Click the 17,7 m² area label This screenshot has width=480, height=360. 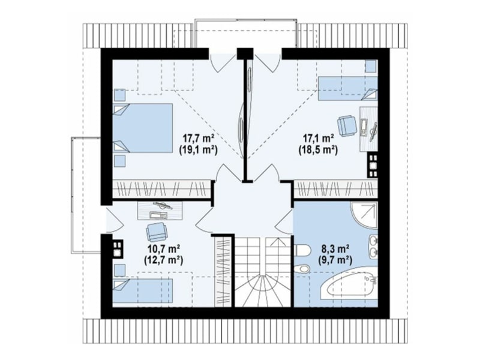[x=199, y=139]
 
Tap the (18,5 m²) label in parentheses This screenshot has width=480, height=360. [x=318, y=150]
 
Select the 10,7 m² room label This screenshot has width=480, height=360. [x=164, y=248]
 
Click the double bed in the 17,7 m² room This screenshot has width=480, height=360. [x=143, y=128]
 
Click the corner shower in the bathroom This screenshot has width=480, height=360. [x=364, y=215]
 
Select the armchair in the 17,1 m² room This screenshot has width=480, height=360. [x=347, y=125]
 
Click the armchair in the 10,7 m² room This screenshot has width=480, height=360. [x=157, y=232]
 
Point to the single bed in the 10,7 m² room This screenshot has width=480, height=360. [x=143, y=290]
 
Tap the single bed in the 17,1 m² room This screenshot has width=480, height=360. [x=348, y=88]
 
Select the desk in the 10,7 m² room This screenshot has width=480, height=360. [x=160, y=211]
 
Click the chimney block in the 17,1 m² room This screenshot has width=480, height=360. [x=373, y=166]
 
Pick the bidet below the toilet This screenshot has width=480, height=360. [x=302, y=268]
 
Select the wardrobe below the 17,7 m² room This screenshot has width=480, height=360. [x=161, y=189]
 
